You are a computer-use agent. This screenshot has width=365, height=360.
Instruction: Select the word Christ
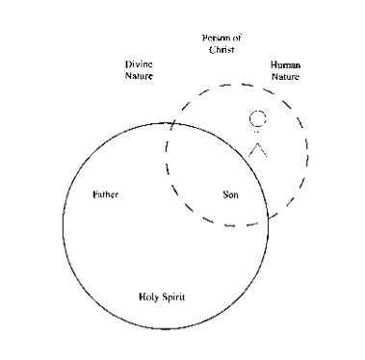[x=222, y=47]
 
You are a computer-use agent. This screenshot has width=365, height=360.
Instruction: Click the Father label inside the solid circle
[x=105, y=194]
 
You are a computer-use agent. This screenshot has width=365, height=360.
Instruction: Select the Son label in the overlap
[x=230, y=194]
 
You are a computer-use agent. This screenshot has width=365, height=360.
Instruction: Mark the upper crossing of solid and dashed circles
[x=172, y=122]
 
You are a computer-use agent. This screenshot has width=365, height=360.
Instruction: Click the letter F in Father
[x=93, y=194]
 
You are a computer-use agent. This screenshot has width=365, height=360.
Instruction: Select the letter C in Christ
[x=211, y=47]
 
